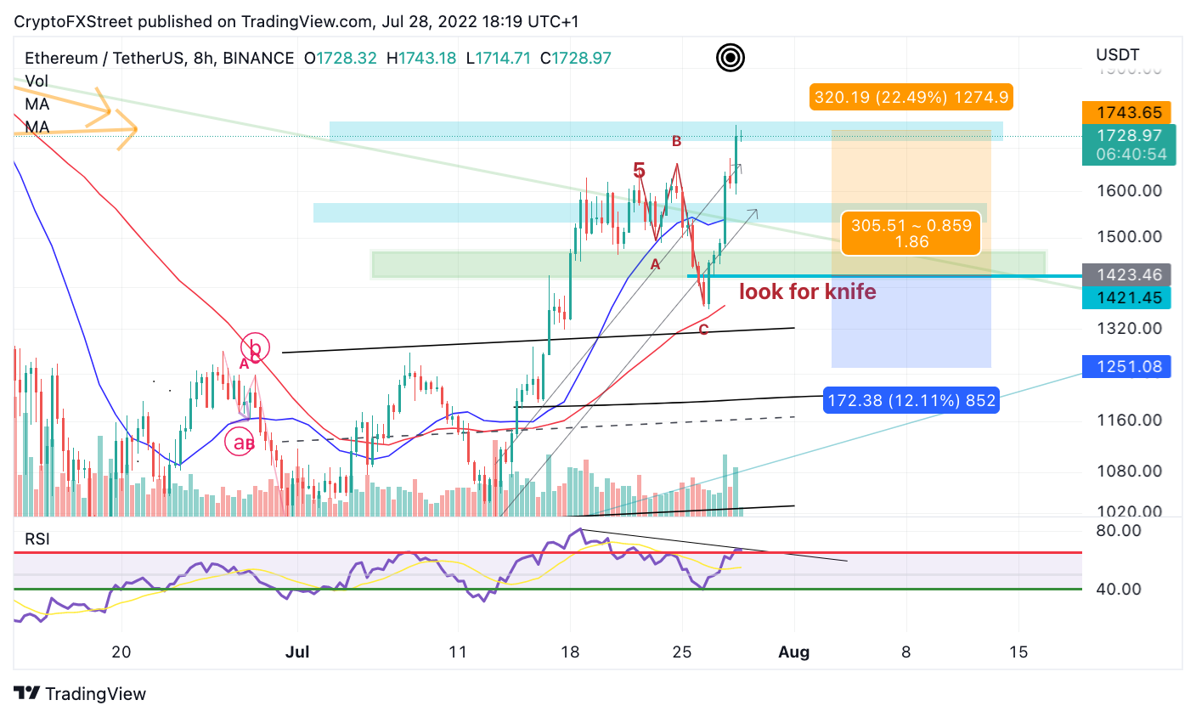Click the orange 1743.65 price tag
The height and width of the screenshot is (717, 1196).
point(1126,112)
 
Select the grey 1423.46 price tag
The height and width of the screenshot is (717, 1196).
point(1126,274)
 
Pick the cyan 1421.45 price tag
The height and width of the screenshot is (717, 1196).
point(1126,297)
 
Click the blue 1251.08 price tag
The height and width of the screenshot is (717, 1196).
point(1126,366)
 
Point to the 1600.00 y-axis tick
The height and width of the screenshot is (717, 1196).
point(1129,190)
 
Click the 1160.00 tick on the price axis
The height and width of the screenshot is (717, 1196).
point(1129,420)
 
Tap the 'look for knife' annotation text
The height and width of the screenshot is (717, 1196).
point(807,291)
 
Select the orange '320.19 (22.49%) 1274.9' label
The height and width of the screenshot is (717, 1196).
point(911,97)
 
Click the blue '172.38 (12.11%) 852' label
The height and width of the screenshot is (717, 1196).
point(911,399)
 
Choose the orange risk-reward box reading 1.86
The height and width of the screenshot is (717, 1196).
point(911,234)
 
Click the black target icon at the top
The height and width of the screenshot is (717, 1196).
point(731,58)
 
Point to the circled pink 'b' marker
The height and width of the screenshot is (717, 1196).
point(255,347)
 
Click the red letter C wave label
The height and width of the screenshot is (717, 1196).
point(703,330)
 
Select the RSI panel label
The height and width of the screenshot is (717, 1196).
point(37,539)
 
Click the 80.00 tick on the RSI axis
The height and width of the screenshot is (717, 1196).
point(1119,531)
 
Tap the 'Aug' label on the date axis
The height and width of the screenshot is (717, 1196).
point(794,652)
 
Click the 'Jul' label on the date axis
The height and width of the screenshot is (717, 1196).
point(297,652)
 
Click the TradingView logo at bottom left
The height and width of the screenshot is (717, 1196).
point(80,693)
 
